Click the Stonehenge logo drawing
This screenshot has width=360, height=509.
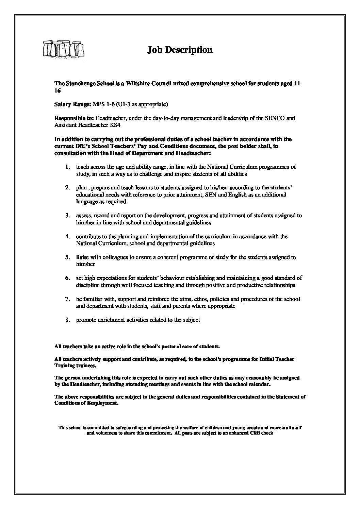tap(64, 50)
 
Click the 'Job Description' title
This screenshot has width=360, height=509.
tap(180, 50)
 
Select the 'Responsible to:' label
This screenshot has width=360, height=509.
tap(75, 119)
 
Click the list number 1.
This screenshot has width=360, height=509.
tap(68, 167)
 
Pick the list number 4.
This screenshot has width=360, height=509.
tap(68, 236)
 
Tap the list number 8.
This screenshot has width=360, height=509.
tap(68, 320)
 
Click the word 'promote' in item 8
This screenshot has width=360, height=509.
tap(86, 320)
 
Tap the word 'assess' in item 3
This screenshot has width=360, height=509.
tap(83, 216)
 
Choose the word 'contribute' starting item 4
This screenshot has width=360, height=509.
tap(88, 236)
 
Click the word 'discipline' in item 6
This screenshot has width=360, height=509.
tap(87, 285)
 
